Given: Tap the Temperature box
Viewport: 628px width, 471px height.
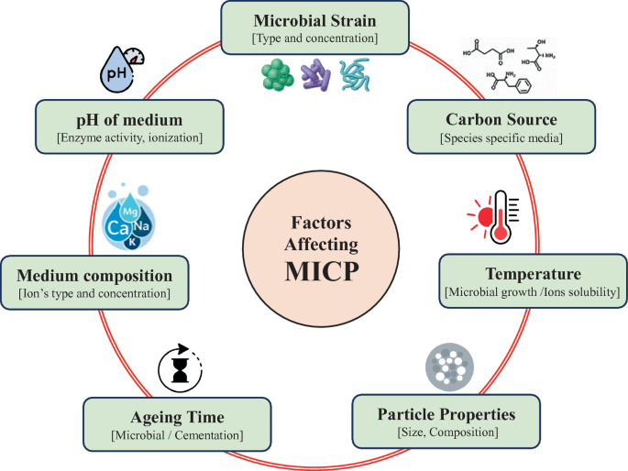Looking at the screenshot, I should pos(533,280).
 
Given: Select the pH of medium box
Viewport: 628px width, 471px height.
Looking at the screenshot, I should pos(129,126).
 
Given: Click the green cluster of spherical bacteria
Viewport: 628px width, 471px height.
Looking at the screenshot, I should pos(274,76).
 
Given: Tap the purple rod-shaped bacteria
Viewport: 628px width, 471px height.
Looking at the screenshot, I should pos(315,75).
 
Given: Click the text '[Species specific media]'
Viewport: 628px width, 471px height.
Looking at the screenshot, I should pos(501,139).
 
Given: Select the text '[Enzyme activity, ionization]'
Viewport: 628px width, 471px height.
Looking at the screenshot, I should pos(129,139).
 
